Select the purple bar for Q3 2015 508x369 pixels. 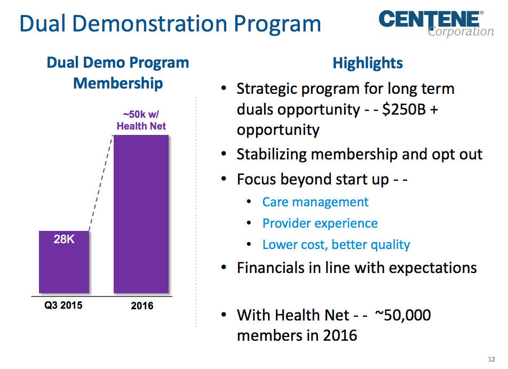click(x=64, y=267)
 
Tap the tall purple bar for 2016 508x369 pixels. click(x=141, y=213)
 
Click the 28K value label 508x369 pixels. click(x=64, y=239)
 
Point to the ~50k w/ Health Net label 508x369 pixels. click(x=141, y=121)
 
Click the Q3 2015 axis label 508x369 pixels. click(x=63, y=306)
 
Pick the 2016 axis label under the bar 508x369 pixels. click(x=141, y=306)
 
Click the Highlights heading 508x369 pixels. click(x=368, y=63)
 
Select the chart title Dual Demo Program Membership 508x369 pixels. click(x=118, y=73)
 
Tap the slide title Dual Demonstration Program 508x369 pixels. click(x=170, y=23)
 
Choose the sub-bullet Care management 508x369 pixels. click(x=315, y=202)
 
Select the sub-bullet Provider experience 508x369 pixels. click(x=320, y=223)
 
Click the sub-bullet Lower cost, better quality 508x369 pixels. click(x=336, y=245)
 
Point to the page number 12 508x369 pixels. click(x=491, y=358)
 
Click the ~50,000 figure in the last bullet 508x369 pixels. click(x=403, y=315)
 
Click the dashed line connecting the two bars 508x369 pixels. click(x=101, y=184)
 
